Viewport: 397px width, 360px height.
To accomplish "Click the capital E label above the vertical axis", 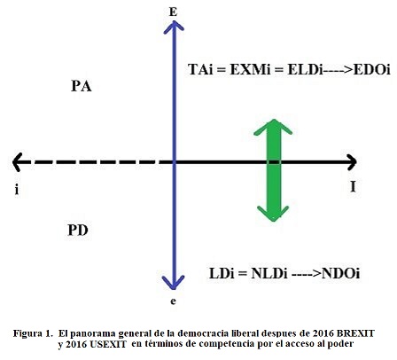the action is (x=173, y=12).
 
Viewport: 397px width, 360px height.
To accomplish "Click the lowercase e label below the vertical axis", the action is (x=173, y=301).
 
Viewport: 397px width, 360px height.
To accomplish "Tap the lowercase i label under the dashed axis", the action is (x=17, y=189).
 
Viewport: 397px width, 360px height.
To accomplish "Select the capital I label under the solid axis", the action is (x=353, y=186).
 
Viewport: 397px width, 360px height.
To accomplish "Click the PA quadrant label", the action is (x=82, y=86).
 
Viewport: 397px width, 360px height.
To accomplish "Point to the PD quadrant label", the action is (x=78, y=230).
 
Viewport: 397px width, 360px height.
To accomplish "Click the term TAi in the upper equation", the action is (x=200, y=70).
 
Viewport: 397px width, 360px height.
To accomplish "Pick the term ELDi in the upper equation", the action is (x=305, y=70).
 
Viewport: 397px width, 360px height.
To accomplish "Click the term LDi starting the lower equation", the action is (x=222, y=273).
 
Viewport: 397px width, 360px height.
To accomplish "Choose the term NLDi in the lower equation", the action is (x=269, y=273).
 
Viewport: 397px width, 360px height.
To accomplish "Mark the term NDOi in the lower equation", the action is (x=340, y=273).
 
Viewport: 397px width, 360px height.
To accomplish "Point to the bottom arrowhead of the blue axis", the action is (x=174, y=282).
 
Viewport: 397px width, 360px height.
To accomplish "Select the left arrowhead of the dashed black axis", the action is (x=17, y=162).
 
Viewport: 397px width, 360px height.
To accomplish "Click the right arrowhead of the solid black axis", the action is (x=352, y=162).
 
